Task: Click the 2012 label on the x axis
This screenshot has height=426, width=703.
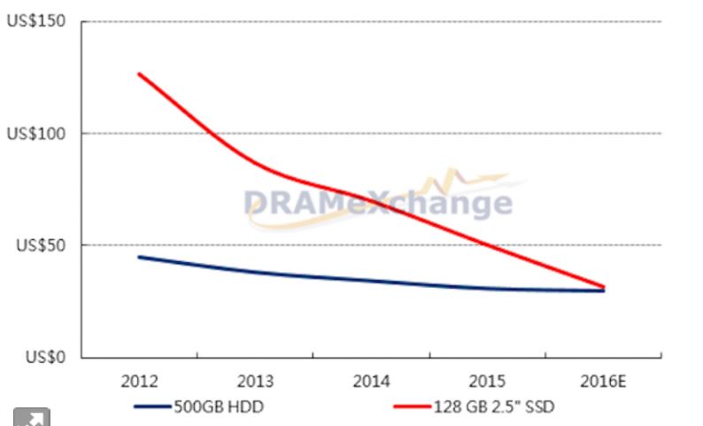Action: coord(139,383)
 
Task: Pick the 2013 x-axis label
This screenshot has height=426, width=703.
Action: coord(255,383)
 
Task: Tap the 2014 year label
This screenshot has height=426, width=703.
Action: coord(372,383)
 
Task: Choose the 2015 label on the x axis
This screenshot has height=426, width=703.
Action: coord(488,383)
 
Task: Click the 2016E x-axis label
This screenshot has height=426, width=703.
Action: coord(605,383)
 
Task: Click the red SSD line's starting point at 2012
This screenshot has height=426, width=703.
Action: coord(139,74)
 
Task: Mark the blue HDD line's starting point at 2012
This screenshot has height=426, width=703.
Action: coord(139,257)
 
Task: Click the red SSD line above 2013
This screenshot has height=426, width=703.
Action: coord(255,163)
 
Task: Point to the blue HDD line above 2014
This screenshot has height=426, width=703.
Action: coord(372,281)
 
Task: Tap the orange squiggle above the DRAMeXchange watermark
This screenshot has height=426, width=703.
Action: coord(460,178)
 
